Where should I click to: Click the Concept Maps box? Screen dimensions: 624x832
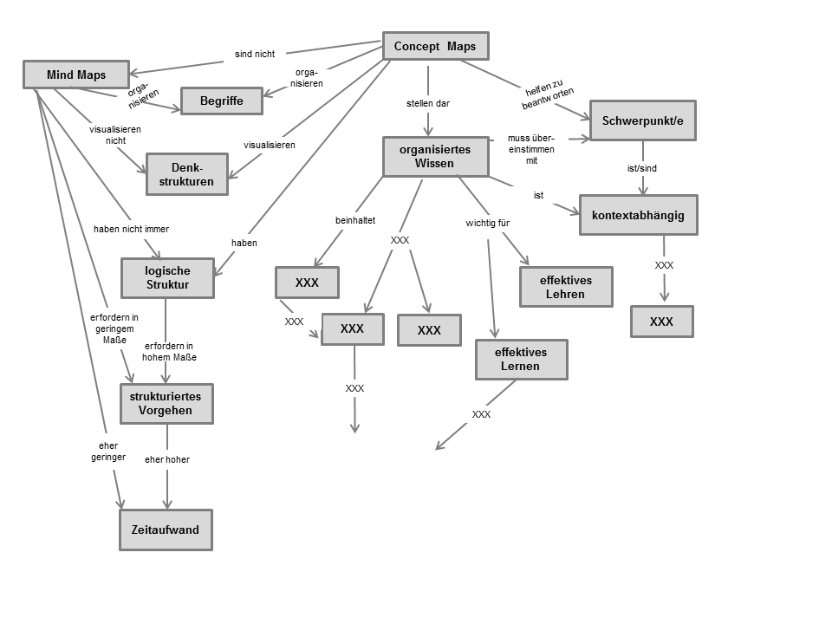pyautogui.click(x=435, y=46)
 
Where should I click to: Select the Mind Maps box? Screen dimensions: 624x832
pyautogui.click(x=76, y=75)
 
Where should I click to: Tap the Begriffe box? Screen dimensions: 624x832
pyautogui.click(x=221, y=101)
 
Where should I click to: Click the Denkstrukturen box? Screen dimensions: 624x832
pyautogui.click(x=186, y=174)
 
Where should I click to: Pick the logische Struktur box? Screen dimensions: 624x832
pyautogui.click(x=167, y=277)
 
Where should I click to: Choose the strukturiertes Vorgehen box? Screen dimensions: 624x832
pyautogui.click(x=166, y=403)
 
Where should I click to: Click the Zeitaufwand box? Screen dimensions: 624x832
pyautogui.click(x=166, y=530)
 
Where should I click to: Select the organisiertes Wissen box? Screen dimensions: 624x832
pyautogui.click(x=435, y=156)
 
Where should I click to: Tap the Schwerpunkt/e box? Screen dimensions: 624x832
pyautogui.click(x=642, y=120)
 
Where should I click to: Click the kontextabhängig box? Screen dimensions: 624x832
pyautogui.click(x=638, y=215)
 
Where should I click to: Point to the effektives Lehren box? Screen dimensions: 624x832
pyautogui.click(x=566, y=287)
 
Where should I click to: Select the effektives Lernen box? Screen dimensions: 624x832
pyautogui.click(x=521, y=359)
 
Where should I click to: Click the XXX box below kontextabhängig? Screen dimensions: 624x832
pyautogui.click(x=661, y=322)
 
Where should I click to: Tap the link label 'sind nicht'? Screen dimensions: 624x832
pyautogui.click(x=255, y=54)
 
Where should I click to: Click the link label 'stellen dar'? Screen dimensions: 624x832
pyautogui.click(x=428, y=103)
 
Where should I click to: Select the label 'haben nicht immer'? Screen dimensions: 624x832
pyautogui.click(x=131, y=229)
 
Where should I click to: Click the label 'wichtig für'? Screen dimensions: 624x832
pyautogui.click(x=487, y=223)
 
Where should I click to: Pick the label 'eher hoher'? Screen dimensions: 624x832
pyautogui.click(x=167, y=459)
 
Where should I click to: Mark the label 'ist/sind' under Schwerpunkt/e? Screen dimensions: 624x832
pyautogui.click(x=642, y=168)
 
